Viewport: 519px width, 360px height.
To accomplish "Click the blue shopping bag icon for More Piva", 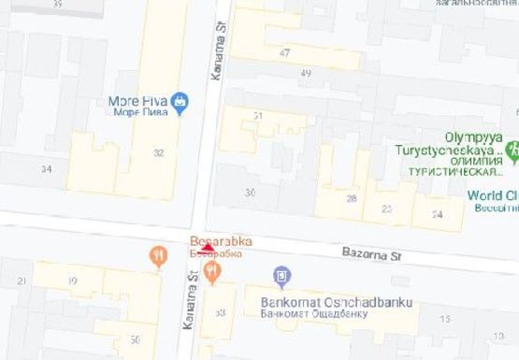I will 180,101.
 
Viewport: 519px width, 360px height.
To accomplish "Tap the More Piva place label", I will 137,102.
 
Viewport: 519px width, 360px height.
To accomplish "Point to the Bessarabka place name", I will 216,238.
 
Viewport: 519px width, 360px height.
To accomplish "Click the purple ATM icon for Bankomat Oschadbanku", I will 281,276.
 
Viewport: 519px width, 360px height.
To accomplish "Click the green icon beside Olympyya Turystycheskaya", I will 512,149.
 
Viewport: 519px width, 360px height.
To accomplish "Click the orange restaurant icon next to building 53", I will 212,272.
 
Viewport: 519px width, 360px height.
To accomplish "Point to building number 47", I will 284,53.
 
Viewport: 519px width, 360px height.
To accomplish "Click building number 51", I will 258,114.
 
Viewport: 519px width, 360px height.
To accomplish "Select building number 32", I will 158,153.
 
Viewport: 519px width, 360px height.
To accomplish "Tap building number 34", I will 46,169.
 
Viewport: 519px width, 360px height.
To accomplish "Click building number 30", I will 249,192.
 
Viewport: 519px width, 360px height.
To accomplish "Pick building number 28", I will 351,198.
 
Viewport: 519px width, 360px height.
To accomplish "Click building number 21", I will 21,281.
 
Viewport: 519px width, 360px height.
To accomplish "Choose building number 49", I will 305,73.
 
